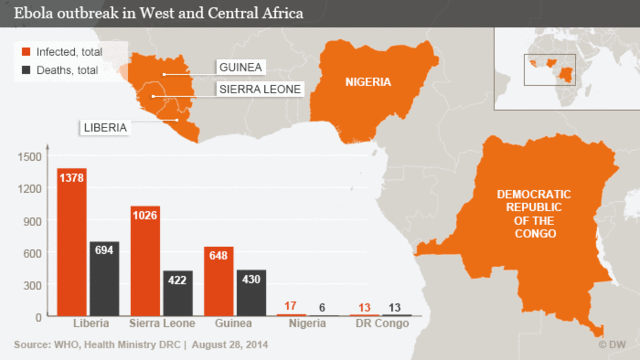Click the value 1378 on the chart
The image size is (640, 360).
pos(72,177)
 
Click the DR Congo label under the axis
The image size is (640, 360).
pos(381,326)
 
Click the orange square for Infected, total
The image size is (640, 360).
pos(25,51)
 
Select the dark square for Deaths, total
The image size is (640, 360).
pos(25,70)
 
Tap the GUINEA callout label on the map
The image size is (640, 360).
pos(240,68)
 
